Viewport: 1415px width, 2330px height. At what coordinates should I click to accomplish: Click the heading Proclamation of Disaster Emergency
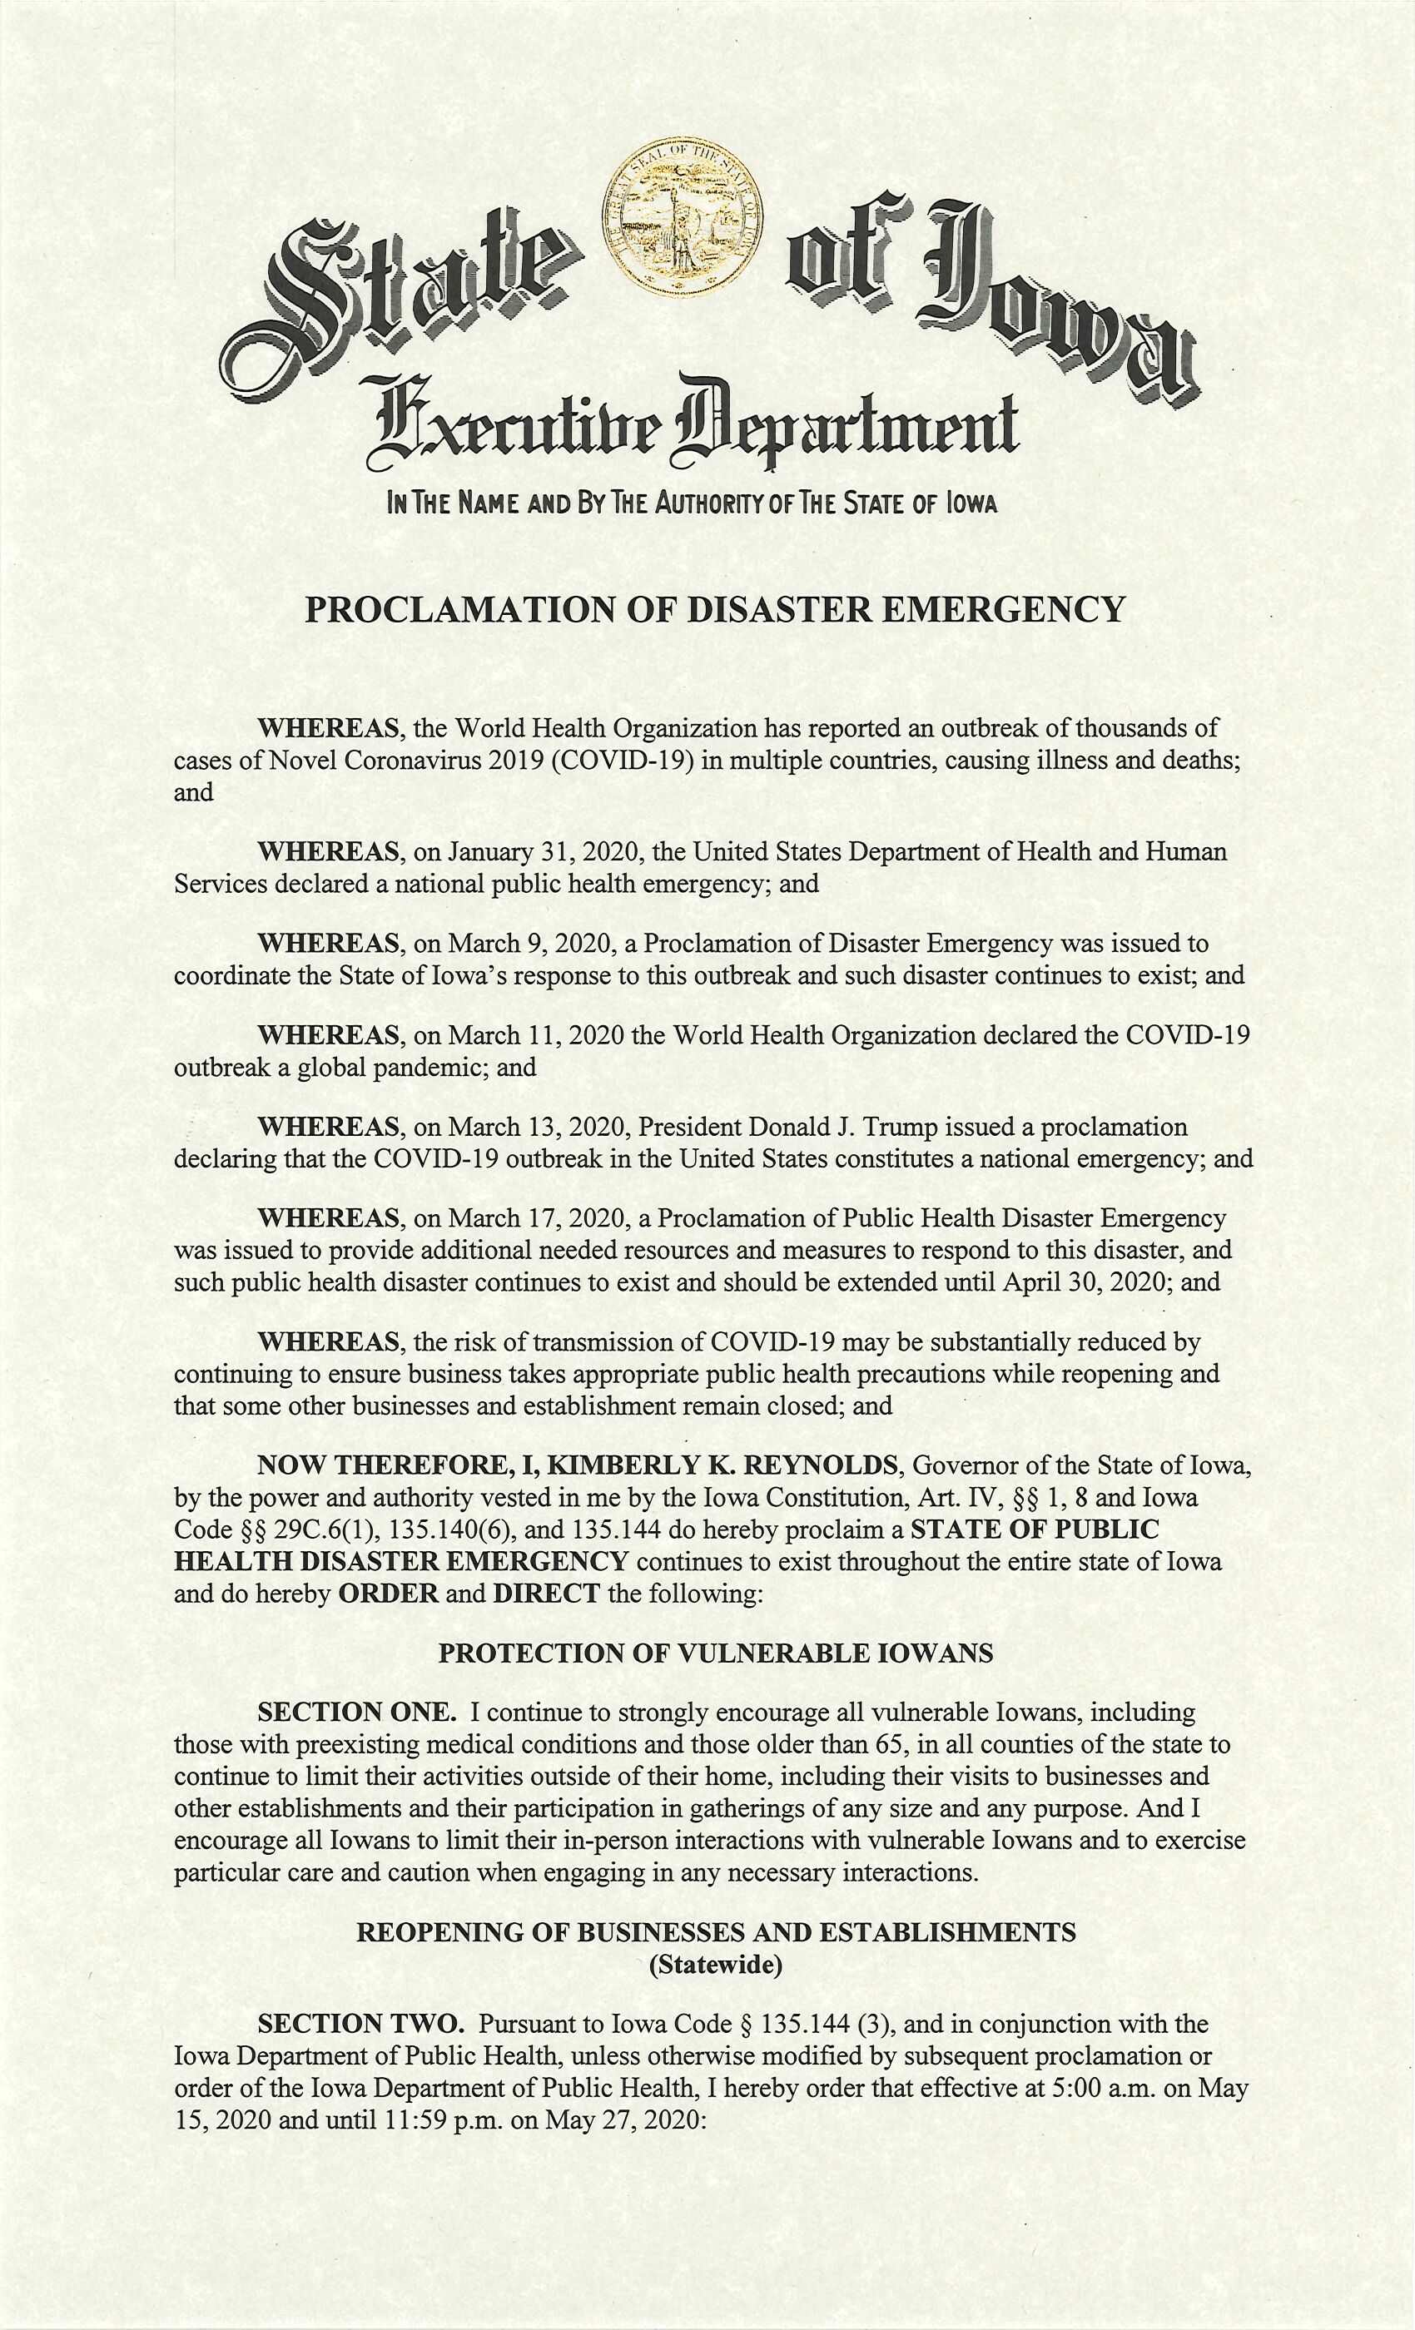715,610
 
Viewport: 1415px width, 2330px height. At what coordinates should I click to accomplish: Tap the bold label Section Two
360,2024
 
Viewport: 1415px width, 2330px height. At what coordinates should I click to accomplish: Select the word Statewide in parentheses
716,1965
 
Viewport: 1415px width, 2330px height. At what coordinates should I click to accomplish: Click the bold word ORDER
388,1594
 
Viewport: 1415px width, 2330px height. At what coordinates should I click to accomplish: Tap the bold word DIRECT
546,1594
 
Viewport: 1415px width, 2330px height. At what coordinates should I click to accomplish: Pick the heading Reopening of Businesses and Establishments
716,1933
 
